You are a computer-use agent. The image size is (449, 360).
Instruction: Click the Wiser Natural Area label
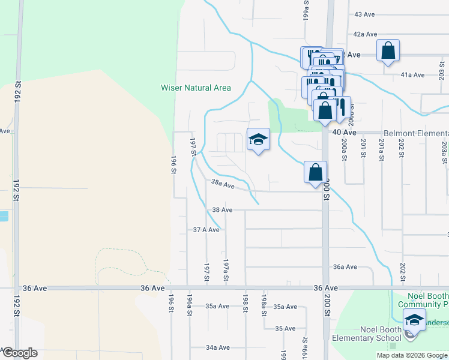[x=196, y=88]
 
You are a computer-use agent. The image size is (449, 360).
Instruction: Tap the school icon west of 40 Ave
[x=258, y=139]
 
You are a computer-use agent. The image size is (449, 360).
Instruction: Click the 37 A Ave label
[x=205, y=230]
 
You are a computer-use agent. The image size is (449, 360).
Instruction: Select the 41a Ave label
[x=412, y=75]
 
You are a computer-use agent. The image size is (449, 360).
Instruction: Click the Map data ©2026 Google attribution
[x=411, y=355]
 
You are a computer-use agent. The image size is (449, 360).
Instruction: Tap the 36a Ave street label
[x=345, y=267]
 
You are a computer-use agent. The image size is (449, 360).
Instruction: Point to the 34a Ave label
[x=217, y=347]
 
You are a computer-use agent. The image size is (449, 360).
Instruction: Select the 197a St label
[x=226, y=270]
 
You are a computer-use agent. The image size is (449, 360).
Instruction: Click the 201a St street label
[x=381, y=148]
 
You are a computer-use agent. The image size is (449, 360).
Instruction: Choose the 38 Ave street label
[x=222, y=210]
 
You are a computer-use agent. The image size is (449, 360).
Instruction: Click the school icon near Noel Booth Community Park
[x=414, y=320]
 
